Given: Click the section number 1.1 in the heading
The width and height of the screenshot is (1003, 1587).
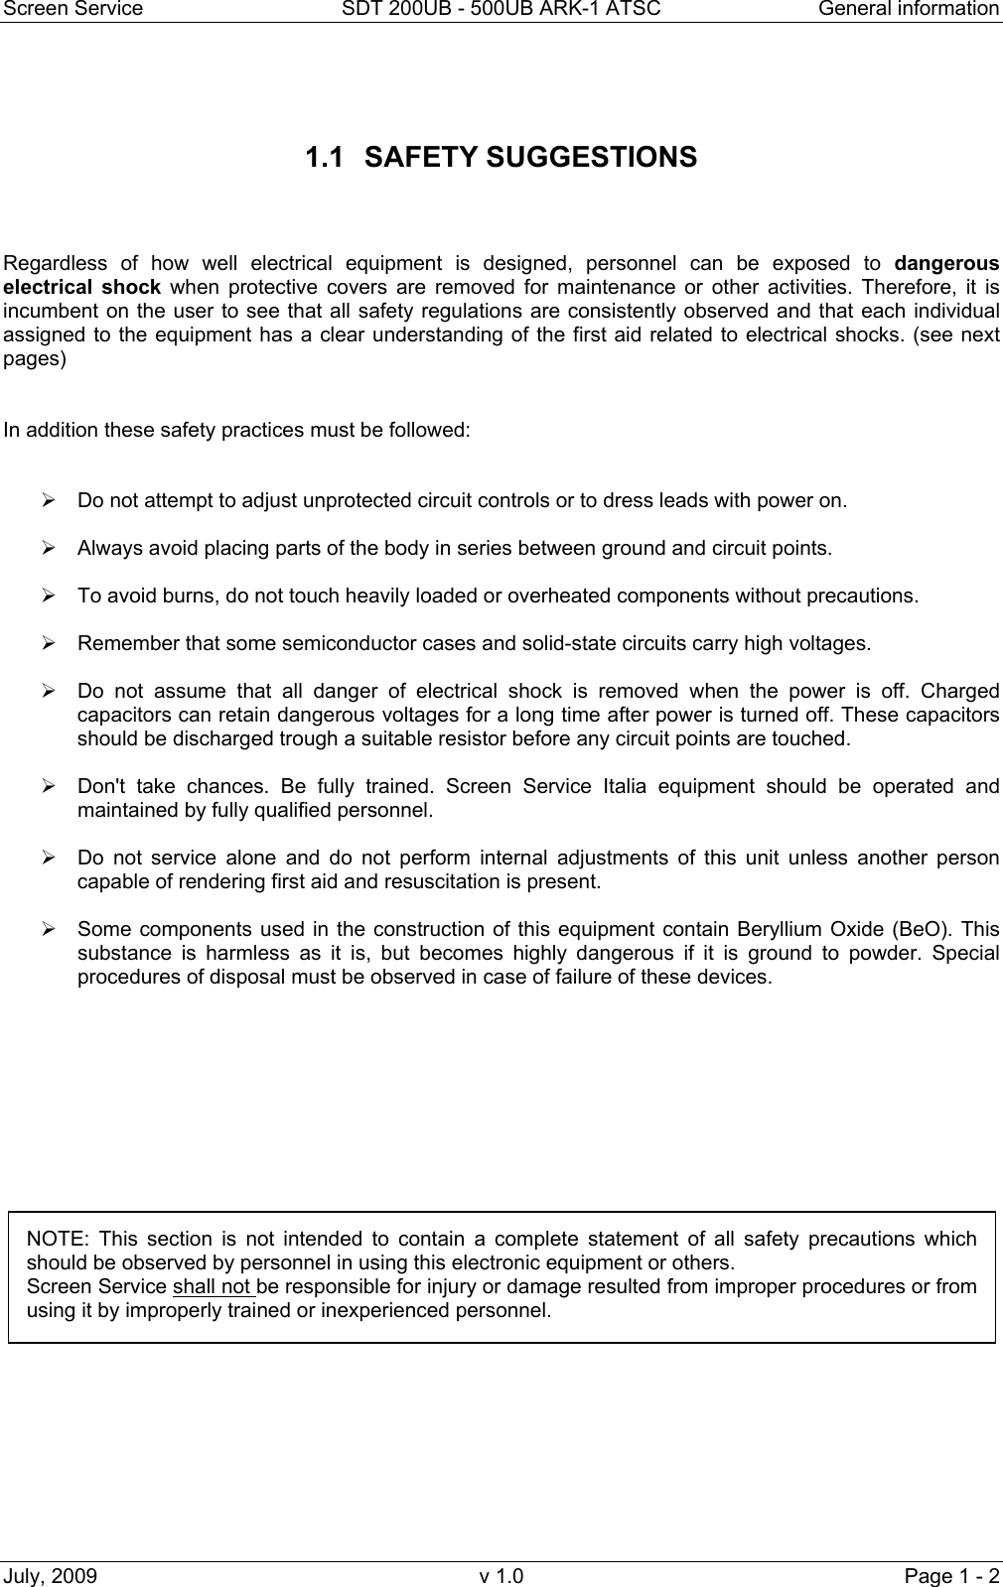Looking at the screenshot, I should click(x=327, y=158).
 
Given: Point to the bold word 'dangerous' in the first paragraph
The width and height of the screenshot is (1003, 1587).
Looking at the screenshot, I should click(x=946, y=264).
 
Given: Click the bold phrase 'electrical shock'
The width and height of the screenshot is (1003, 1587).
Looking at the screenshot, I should click(x=82, y=288).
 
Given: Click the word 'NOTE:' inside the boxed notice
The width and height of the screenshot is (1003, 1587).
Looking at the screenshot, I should click(x=57, y=1240).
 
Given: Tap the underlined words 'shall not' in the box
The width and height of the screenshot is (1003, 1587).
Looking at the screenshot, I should click(x=212, y=1287).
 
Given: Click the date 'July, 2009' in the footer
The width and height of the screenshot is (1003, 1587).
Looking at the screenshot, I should click(x=51, y=1576).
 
